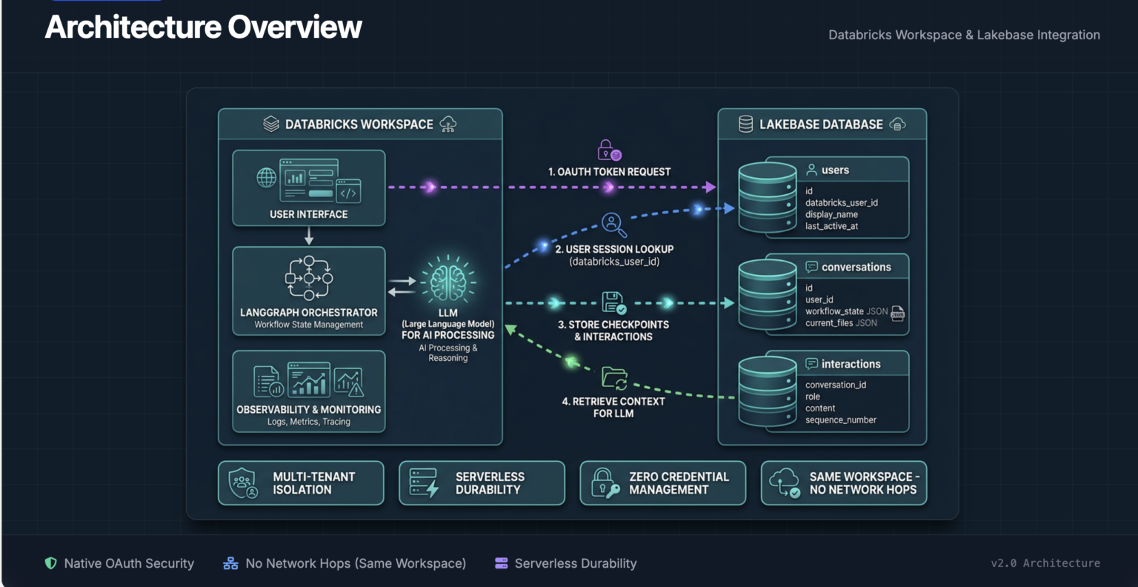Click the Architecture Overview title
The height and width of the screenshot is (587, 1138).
coord(203,27)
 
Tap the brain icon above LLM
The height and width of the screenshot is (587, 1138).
coord(447,282)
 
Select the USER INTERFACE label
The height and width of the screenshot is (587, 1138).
coord(308,214)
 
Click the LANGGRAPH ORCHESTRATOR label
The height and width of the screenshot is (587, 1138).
coord(308,313)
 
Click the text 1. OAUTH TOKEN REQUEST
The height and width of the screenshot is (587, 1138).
coord(609,172)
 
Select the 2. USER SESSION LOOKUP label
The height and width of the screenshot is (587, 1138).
coord(614,250)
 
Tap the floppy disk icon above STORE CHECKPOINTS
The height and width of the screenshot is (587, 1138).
coord(613,302)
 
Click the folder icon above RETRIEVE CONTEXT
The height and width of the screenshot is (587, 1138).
coord(614,378)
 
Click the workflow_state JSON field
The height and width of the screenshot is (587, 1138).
coord(846,311)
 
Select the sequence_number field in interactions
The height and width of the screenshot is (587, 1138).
coord(840,420)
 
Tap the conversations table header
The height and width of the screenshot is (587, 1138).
coord(856,267)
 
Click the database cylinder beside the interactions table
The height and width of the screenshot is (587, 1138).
coord(767,391)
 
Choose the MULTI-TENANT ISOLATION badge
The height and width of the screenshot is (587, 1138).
coord(301,483)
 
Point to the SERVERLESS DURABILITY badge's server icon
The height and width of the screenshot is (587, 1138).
coord(424,483)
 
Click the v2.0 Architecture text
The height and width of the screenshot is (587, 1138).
coord(1045,563)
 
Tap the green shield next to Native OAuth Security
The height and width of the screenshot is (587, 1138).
coord(51,563)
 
